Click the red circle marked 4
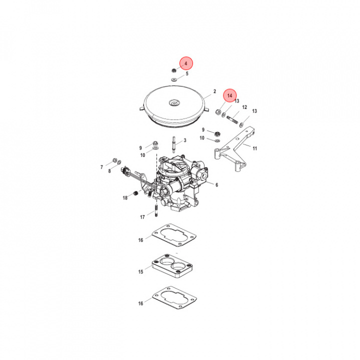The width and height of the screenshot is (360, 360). click(186, 63)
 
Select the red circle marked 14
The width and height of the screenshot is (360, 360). click(230, 95)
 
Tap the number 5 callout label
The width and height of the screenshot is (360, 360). click(187, 74)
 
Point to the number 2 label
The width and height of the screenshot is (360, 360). click(214, 91)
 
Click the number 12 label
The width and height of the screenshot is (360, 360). click(244, 107)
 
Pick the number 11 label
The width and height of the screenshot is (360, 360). click(254, 148)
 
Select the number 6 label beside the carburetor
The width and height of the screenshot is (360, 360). click(216, 185)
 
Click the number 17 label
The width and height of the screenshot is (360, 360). click(142, 217)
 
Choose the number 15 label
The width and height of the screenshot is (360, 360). click(141, 272)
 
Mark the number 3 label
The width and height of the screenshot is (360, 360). click(184, 141)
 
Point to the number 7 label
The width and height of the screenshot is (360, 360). click(101, 167)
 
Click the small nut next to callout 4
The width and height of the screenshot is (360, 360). click(173, 71)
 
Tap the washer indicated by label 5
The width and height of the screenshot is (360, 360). click(173, 79)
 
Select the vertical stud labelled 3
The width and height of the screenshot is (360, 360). click(173, 143)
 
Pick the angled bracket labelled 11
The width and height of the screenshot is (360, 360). click(235, 148)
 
